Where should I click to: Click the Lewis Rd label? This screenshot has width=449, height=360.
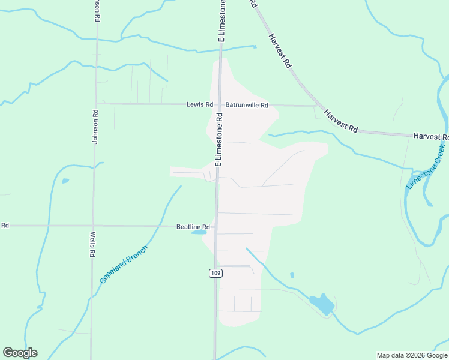[200, 104]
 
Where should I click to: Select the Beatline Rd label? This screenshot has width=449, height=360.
[193, 227]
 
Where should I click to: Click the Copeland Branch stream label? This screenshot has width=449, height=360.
[124, 264]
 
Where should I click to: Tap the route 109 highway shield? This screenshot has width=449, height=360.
[215, 273]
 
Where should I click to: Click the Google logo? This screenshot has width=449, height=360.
[20, 353]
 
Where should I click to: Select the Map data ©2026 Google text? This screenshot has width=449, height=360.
[412, 355]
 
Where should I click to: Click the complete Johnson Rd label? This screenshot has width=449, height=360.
[94, 126]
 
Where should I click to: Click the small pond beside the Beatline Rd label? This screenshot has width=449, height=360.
[199, 232]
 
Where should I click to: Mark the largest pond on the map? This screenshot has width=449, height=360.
[323, 304]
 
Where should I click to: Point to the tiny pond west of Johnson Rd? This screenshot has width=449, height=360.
[65, 181]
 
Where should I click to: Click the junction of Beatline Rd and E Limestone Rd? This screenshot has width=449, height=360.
[217, 226]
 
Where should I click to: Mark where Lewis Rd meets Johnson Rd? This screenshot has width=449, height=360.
[95, 103]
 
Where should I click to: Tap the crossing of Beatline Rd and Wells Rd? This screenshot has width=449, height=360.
[93, 226]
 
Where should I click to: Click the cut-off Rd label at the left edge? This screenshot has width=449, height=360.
[5, 226]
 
